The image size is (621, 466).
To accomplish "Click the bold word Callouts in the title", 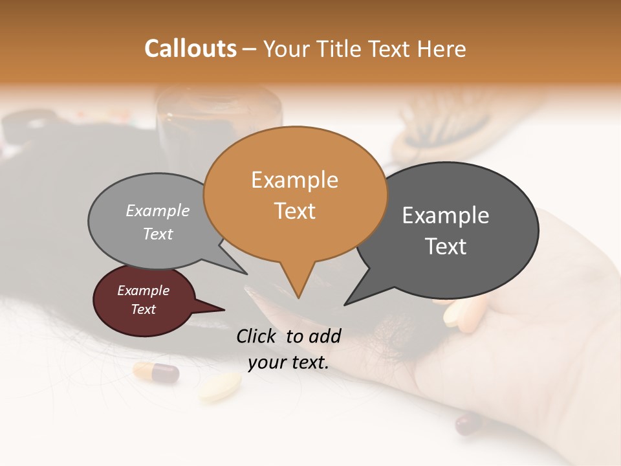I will click(190, 49).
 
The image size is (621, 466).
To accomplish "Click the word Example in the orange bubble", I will click(294, 180).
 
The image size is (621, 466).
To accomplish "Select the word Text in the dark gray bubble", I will click(446, 246).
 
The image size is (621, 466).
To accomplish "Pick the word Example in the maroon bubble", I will click(143, 291).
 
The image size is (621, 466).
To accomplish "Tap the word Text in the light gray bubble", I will click(158, 234).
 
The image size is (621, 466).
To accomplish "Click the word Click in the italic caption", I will click(257, 336).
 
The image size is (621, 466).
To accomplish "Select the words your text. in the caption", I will click(289, 362).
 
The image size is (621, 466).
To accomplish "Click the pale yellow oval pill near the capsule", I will click(220, 386).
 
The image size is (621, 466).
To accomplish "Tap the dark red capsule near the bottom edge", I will click(468, 425).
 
